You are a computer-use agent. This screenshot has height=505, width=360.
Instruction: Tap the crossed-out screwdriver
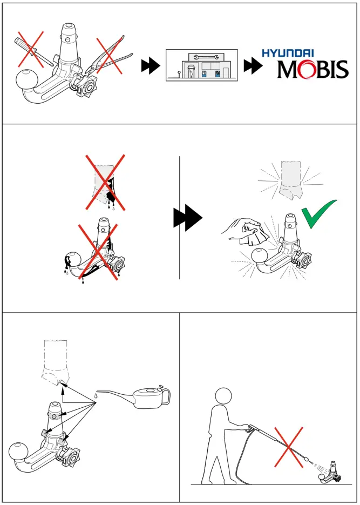tap(32, 50)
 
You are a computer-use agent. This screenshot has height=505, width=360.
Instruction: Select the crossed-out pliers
tap(111, 58)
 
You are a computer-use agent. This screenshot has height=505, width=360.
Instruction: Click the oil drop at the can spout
tap(95, 395)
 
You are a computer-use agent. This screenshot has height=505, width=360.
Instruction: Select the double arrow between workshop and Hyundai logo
tap(251, 66)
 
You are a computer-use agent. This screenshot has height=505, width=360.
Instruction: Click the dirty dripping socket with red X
tap(104, 184)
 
